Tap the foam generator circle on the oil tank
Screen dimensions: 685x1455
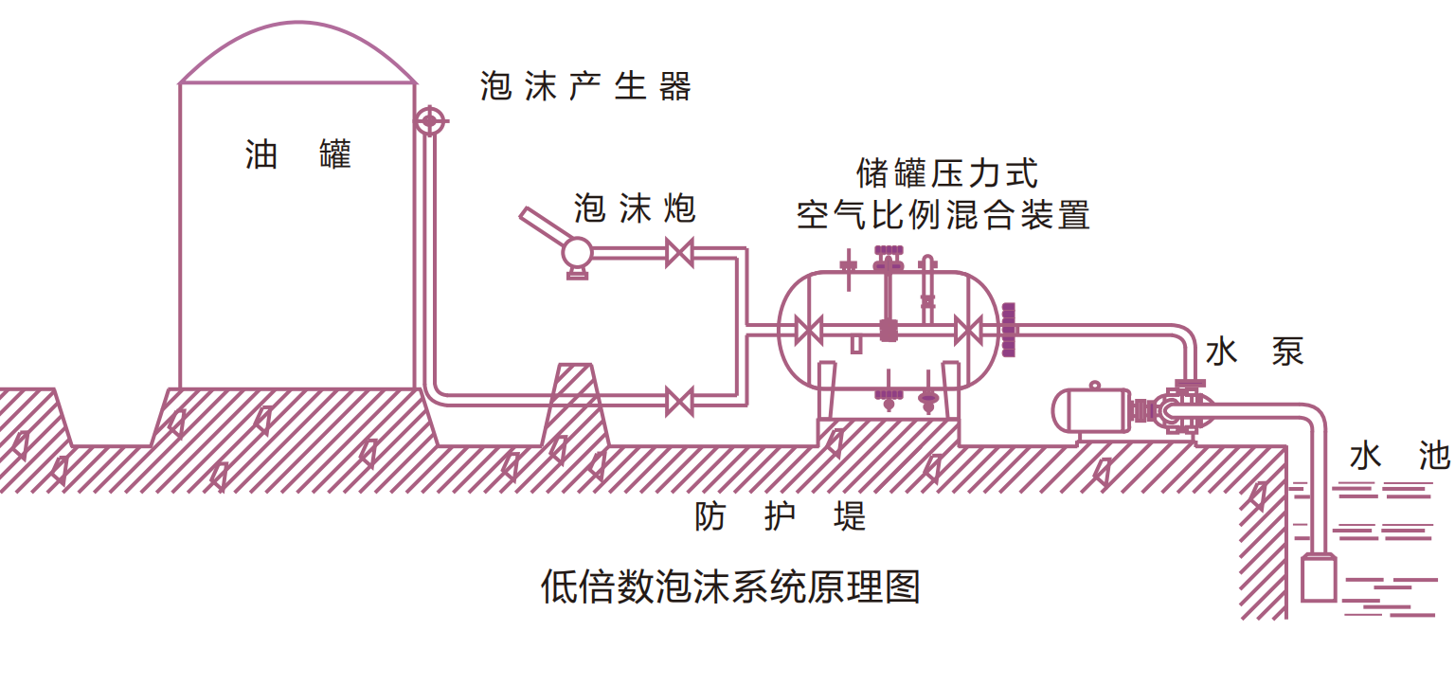[x=429, y=120]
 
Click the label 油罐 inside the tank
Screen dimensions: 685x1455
[x=297, y=154]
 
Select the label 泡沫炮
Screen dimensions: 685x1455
[x=635, y=208]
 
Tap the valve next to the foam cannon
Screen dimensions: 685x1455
[x=678, y=253]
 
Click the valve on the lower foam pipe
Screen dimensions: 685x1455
[x=678, y=400]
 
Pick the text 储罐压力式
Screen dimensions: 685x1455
[x=946, y=173]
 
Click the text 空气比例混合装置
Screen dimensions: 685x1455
[x=943, y=215]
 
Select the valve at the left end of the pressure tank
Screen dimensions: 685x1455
[x=807, y=331]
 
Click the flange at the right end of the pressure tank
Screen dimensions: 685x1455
[x=1008, y=330]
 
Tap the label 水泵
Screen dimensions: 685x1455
[x=1255, y=352]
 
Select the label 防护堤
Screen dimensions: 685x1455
[x=781, y=516]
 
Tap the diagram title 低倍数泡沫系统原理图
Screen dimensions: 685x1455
[x=729, y=587]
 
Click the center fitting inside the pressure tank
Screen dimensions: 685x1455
[x=889, y=331]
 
